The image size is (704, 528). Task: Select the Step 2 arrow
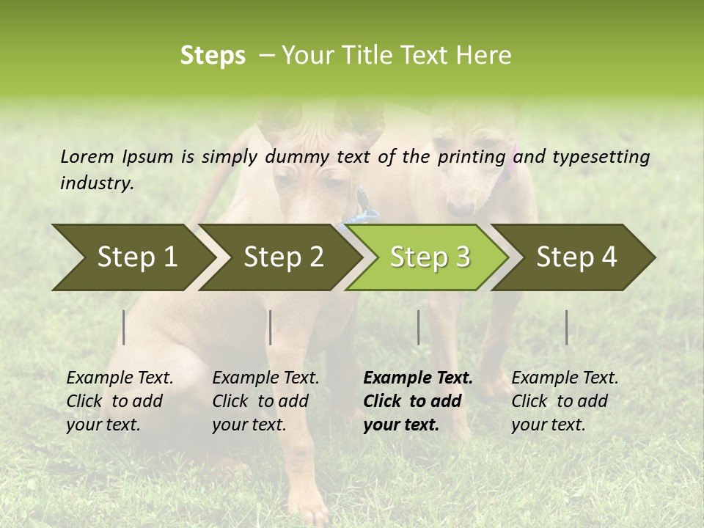283,257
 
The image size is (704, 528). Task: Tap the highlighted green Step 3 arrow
430,257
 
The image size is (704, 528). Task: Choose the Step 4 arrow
576,257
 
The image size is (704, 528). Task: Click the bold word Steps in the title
213,56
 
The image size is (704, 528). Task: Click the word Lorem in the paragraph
87,156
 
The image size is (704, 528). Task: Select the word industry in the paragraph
97,183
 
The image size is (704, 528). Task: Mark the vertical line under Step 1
124,327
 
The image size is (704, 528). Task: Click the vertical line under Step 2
271,327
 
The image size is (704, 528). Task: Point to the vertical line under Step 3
418,327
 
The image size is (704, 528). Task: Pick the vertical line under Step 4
566,327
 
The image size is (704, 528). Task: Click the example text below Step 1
120,401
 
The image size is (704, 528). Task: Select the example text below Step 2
265,401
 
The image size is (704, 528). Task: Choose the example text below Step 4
565,401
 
